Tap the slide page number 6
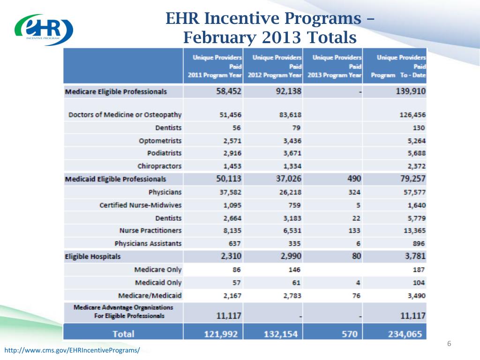449,344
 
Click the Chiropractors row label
159,166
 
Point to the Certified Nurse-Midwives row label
141,205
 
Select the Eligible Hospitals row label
93,256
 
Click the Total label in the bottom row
122,334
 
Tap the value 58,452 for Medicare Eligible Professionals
226,91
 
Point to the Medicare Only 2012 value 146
293,270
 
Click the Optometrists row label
160,141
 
